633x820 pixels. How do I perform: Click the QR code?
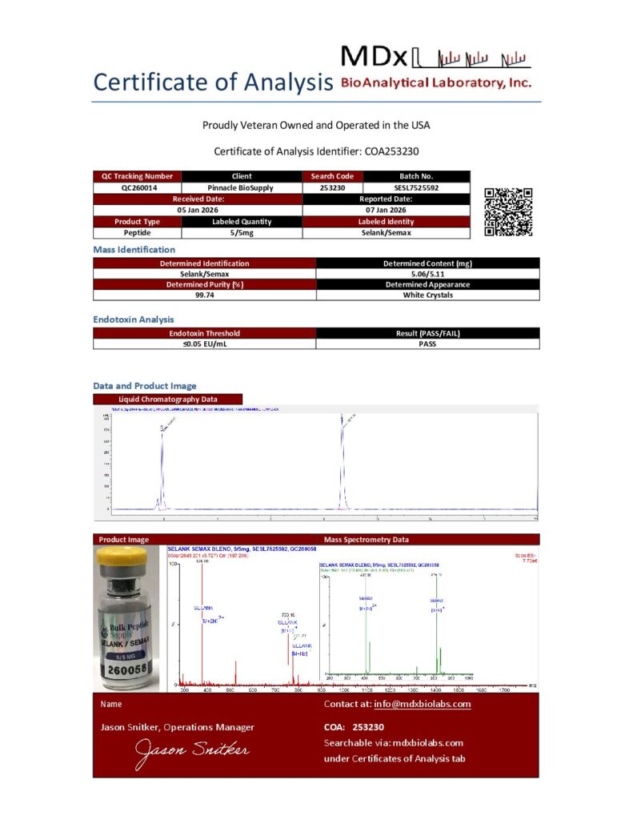tap(508, 211)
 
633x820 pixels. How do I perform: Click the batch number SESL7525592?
tap(416, 187)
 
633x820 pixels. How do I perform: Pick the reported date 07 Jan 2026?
tap(386, 210)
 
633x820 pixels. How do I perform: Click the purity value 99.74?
tap(205, 295)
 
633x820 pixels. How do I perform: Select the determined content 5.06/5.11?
tap(428, 273)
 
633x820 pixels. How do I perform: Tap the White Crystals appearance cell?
tap(428, 295)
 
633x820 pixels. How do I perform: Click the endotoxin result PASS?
tap(428, 344)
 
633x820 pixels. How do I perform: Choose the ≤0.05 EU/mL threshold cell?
tap(205, 344)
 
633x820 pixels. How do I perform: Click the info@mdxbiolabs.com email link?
tap(422, 704)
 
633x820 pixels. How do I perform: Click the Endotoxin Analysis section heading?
tap(134, 320)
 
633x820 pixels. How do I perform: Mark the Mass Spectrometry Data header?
tap(366, 539)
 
